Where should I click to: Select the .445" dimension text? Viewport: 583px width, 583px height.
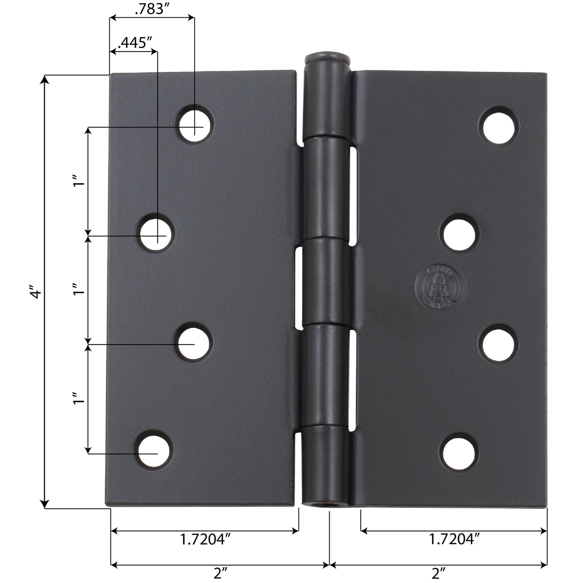coord(133,42)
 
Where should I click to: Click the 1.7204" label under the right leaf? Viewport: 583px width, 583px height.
coord(454,539)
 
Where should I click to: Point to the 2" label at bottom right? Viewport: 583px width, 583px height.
coord(438,573)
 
